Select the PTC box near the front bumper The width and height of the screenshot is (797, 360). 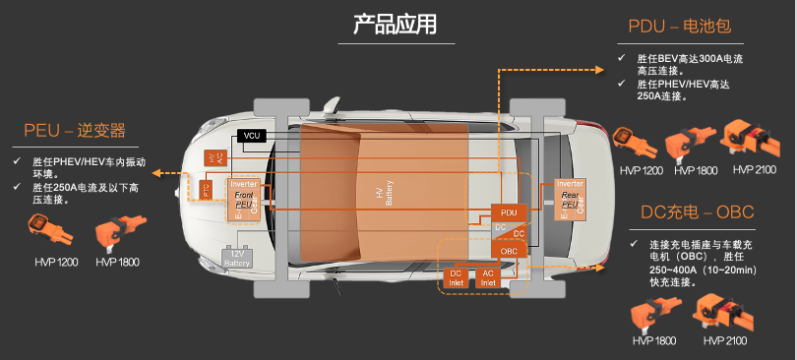click(208, 189)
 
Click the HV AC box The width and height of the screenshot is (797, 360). click(213, 157)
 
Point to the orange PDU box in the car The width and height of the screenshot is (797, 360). click(508, 211)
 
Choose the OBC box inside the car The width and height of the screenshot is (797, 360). click(508, 251)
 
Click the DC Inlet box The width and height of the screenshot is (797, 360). click(456, 277)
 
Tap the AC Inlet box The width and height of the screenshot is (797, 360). click(487, 277)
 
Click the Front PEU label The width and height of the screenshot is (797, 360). click(243, 201)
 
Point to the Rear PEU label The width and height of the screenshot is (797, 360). click(570, 201)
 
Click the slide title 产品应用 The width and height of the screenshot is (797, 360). click(396, 25)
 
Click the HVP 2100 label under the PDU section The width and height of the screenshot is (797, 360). click(754, 170)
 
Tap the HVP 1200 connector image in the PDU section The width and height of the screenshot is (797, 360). click(634, 141)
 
